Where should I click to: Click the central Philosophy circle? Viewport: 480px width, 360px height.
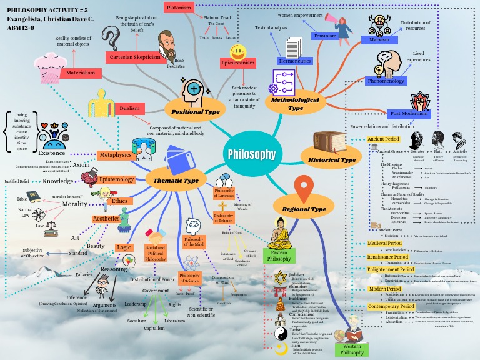point(251,154)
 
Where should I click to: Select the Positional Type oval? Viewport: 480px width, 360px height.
point(195,111)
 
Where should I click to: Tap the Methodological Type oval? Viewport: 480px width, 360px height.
point(295,104)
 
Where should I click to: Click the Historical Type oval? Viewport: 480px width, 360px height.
point(332,160)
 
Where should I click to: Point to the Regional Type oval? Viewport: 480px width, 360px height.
point(304,209)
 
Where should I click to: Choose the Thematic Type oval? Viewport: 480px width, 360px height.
point(176,181)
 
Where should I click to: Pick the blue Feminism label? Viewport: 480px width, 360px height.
point(326,36)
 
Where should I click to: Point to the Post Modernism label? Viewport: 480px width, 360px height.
point(409,114)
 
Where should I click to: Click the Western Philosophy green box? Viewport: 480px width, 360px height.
point(352,349)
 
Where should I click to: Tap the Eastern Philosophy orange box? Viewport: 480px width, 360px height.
point(279,255)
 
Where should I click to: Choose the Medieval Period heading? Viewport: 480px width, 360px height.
point(384,243)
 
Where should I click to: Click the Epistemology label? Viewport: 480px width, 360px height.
point(116,179)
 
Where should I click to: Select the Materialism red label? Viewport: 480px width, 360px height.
point(81,73)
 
